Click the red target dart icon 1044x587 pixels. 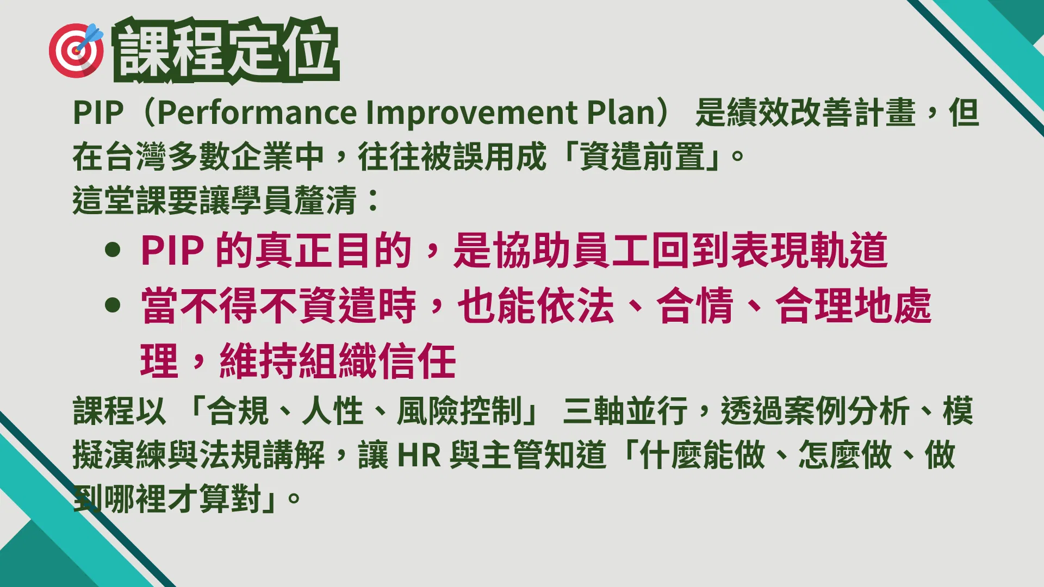point(76,50)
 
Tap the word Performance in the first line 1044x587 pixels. point(257,113)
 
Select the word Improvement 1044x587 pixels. point(472,113)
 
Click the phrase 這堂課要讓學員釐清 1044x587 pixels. point(214,200)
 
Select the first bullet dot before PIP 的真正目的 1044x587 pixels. point(113,250)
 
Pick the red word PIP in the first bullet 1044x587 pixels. point(172,251)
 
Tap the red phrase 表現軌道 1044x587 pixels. point(809,250)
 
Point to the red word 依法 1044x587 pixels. point(575,305)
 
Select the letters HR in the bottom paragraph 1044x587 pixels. point(419,455)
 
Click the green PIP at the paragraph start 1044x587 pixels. point(98,113)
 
